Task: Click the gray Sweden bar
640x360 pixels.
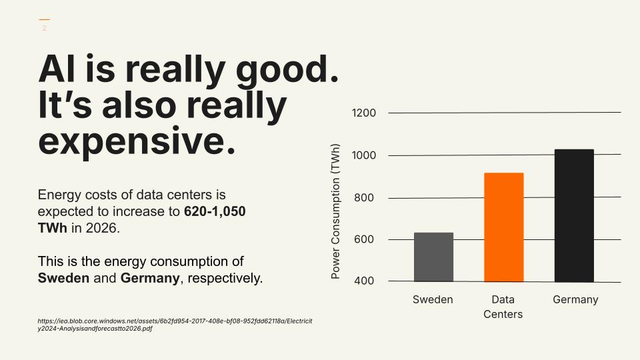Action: coord(433,257)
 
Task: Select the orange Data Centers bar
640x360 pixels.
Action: coord(503,227)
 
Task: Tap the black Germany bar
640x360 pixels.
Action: coord(574,215)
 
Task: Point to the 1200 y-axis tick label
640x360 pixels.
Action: coord(363,113)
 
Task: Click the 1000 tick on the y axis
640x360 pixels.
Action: coord(363,155)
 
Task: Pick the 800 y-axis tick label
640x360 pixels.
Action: coord(363,198)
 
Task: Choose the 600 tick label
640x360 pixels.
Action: coord(363,239)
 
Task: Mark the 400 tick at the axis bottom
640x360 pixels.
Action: coord(363,281)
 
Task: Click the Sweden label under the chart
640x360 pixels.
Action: coord(433,299)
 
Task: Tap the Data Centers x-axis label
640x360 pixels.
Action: coord(503,307)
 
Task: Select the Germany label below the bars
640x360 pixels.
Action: coord(575,299)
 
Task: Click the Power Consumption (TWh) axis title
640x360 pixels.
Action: coord(335,211)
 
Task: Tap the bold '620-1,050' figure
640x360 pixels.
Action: coord(215,212)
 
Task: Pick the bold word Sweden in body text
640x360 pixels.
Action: coord(63,277)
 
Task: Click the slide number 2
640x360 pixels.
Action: coord(45,28)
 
